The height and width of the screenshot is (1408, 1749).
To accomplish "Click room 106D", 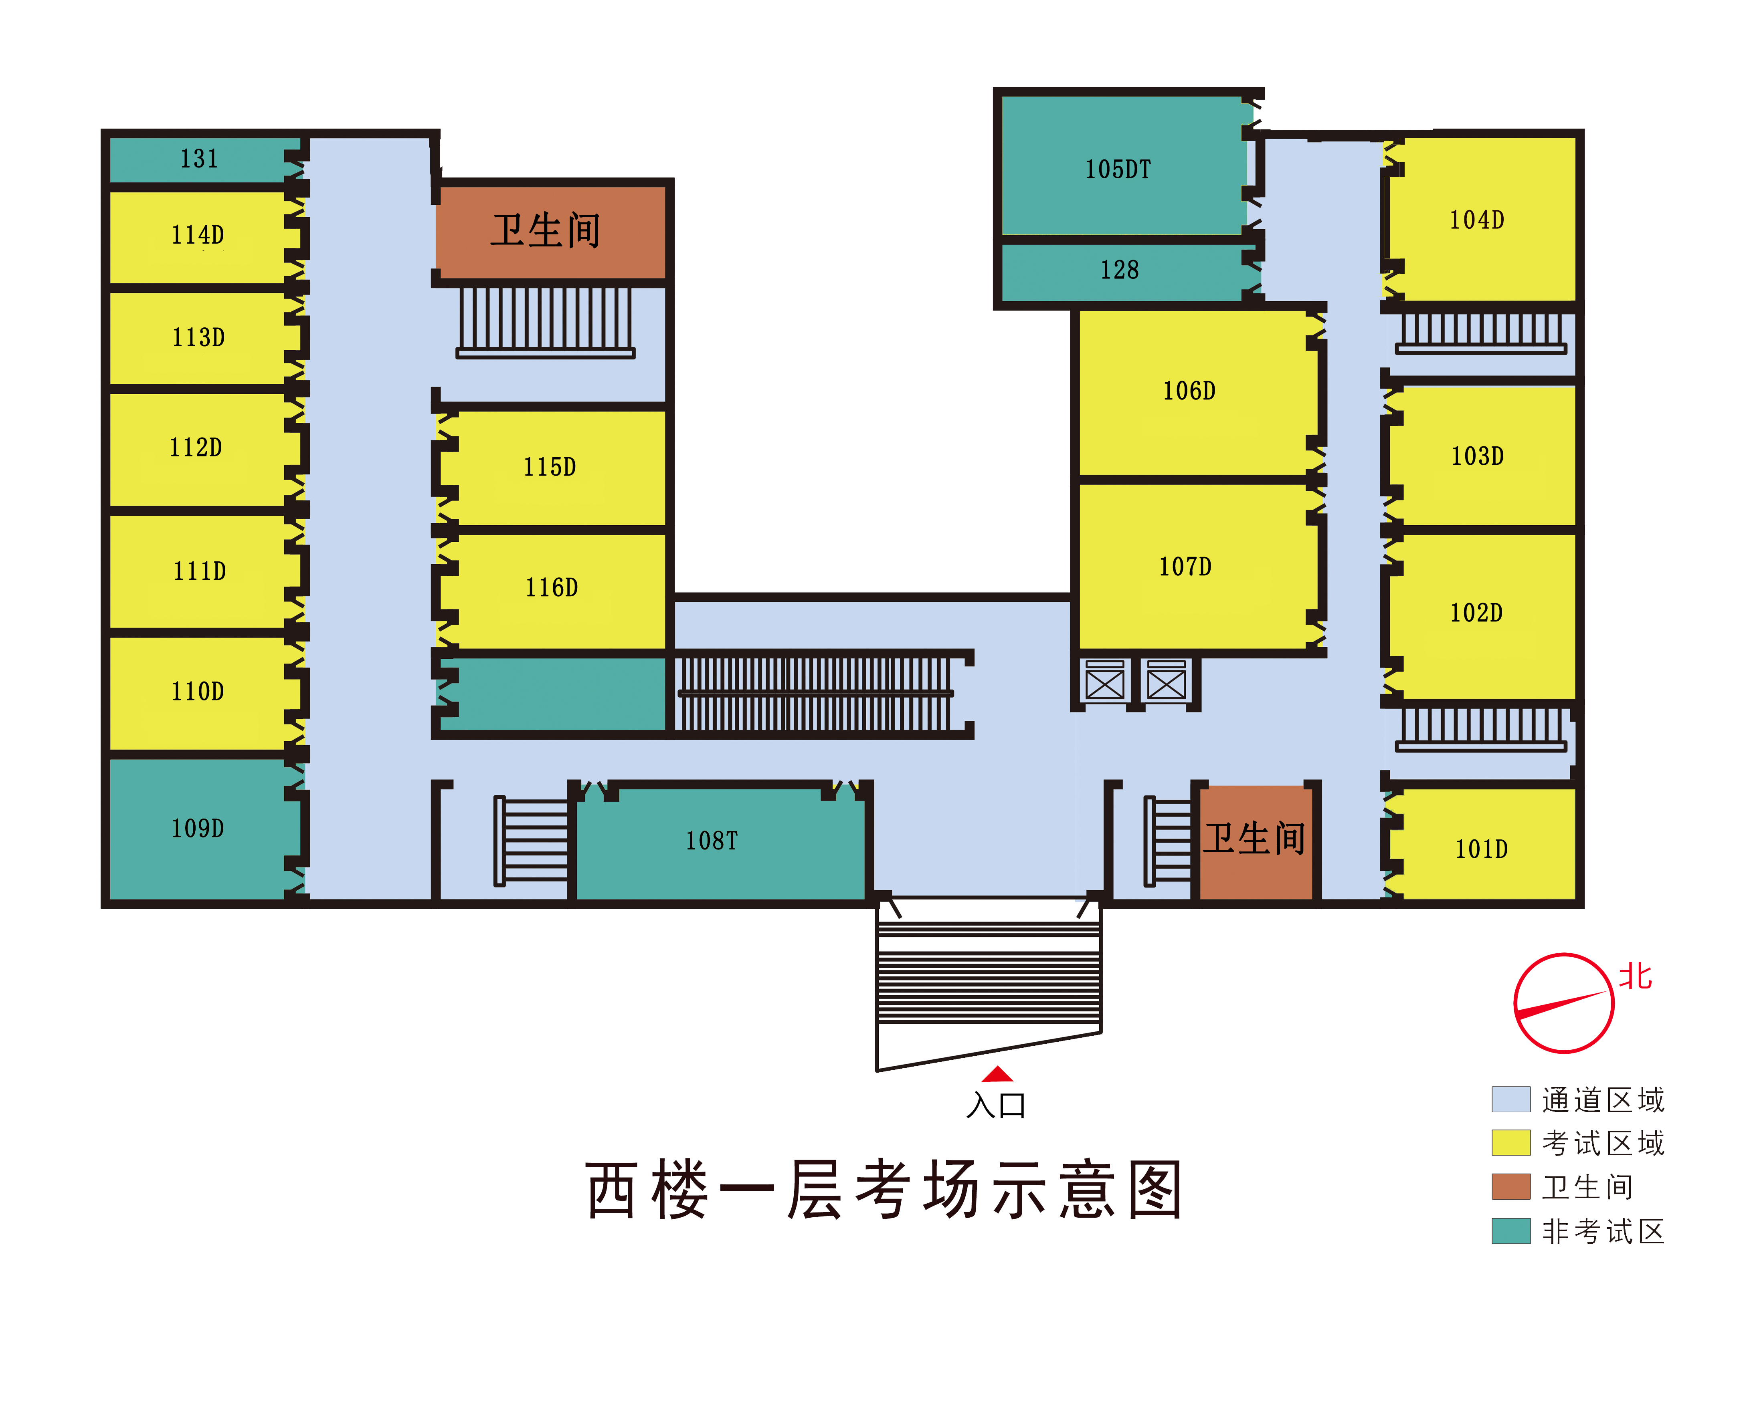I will click(1189, 391).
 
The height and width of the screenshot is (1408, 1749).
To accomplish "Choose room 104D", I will click(1477, 220).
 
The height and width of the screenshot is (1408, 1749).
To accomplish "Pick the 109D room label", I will click(197, 828).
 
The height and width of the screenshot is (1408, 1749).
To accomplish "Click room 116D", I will click(552, 587).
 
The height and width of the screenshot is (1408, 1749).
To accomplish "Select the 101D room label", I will click(1481, 849).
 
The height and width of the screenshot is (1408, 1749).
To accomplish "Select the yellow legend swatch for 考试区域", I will click(1510, 1143).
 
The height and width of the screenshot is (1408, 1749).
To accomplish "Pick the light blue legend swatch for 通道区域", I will click(1510, 1099).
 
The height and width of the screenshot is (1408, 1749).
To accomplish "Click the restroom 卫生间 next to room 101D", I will click(1254, 839).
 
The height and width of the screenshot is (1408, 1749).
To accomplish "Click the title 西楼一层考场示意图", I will click(884, 1190).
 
